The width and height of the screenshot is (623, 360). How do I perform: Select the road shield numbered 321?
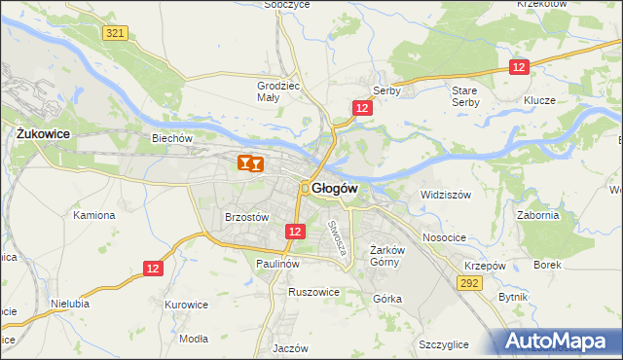[x=115, y=33]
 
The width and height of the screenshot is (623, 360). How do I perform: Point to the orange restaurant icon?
[x=249, y=164]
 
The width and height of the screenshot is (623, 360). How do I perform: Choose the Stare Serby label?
[x=465, y=95]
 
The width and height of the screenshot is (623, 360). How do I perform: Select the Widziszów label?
[x=446, y=195]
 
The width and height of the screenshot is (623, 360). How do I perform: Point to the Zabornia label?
[x=537, y=216]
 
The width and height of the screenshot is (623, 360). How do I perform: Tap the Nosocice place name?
[x=446, y=237]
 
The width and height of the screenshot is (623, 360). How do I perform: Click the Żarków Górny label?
[x=386, y=256]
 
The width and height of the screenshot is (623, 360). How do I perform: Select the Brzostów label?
[x=246, y=218]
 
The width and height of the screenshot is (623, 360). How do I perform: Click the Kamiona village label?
[x=93, y=215]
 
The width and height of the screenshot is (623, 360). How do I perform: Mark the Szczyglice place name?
[x=444, y=344]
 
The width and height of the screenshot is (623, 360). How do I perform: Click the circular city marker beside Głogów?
[x=305, y=188]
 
